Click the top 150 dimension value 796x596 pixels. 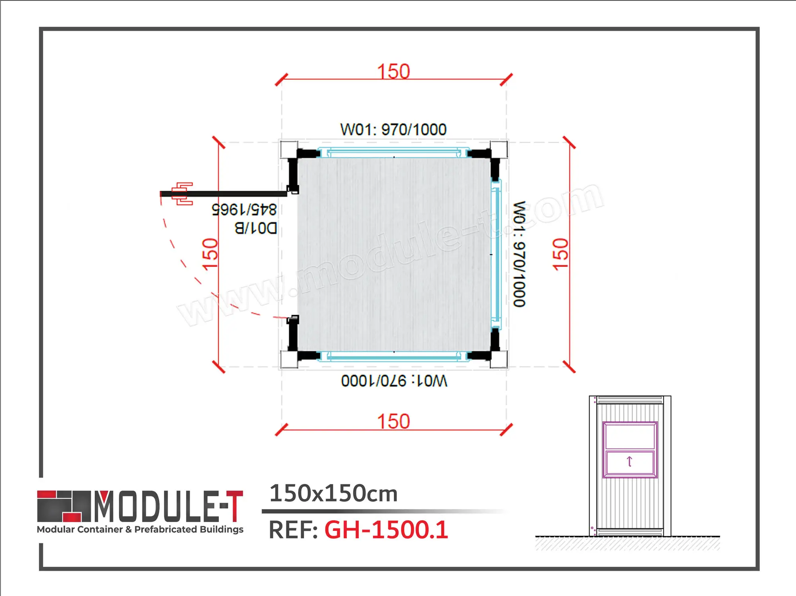click(x=393, y=72)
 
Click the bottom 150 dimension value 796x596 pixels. click(x=393, y=421)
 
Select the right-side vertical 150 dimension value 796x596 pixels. click(x=561, y=254)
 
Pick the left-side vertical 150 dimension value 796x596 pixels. click(x=210, y=254)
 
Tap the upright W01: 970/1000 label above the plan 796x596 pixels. click(x=393, y=130)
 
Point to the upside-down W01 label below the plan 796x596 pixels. click(x=394, y=381)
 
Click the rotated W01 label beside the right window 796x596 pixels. click(x=519, y=254)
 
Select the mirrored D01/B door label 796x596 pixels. click(x=255, y=228)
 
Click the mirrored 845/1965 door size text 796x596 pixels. click(x=244, y=209)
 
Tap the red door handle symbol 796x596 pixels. click(x=183, y=194)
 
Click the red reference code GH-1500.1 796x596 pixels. click(x=386, y=530)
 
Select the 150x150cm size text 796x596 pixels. click(x=333, y=493)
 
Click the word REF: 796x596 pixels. click(x=293, y=530)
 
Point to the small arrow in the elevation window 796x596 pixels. click(x=629, y=462)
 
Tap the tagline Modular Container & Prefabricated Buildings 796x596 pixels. click(x=140, y=529)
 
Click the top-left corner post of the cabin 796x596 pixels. click(x=289, y=150)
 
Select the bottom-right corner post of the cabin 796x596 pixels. click(x=499, y=359)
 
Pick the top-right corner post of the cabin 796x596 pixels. click(x=499, y=150)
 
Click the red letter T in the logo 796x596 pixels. click(x=234, y=506)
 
